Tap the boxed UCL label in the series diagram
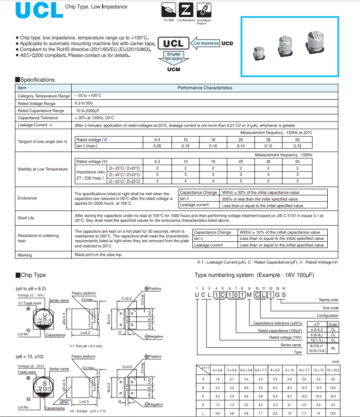173,44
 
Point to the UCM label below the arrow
173,69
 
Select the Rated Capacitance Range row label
40,111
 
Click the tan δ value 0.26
157,146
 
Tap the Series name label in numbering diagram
291,345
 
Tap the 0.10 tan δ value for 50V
297,146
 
